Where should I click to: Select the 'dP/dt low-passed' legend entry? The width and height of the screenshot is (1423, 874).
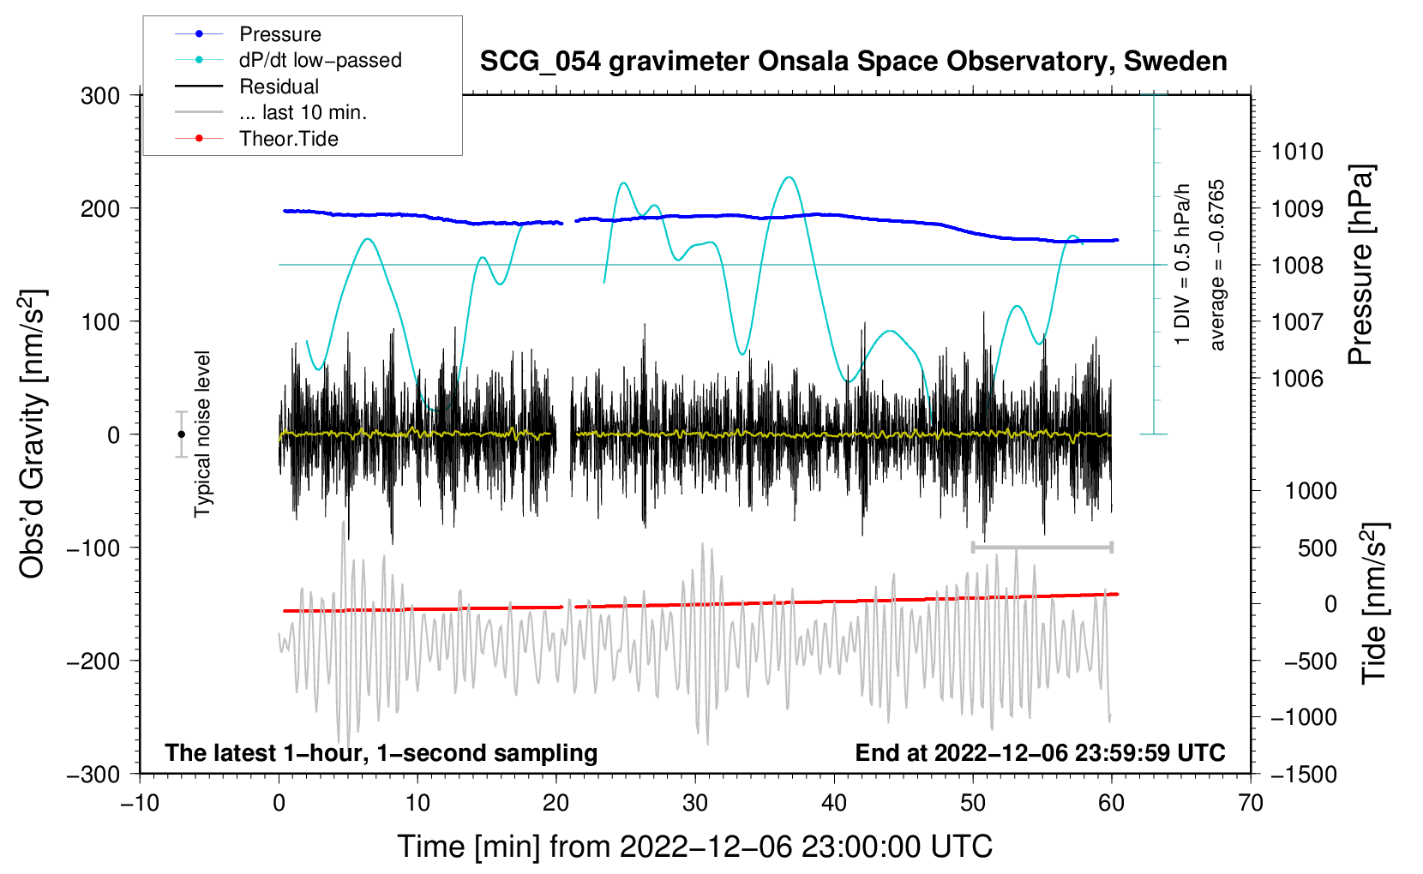[320, 60]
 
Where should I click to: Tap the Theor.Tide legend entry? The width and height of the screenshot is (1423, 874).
[288, 139]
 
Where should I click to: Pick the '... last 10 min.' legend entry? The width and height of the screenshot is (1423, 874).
[303, 112]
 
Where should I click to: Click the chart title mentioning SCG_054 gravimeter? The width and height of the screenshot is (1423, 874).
[853, 62]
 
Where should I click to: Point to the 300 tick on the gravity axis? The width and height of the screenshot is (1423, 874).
[100, 95]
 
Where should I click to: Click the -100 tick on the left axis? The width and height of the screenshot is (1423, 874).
[93, 548]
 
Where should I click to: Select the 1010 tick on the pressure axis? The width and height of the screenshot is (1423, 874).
[1297, 152]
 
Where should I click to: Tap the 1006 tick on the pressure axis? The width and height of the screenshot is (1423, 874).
[1297, 378]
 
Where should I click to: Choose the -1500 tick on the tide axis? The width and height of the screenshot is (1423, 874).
[1303, 774]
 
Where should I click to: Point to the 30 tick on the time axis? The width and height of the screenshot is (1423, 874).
[695, 803]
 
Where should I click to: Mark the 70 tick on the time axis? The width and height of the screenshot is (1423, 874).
[1251, 803]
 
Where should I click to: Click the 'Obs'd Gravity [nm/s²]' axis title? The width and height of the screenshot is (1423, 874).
[33, 434]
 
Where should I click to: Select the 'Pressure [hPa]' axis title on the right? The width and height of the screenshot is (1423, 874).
[1361, 265]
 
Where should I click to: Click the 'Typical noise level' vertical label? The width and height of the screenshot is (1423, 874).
[202, 434]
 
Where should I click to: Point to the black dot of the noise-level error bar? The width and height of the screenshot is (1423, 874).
[181, 434]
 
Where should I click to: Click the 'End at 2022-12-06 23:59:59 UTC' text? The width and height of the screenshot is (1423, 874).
[1040, 752]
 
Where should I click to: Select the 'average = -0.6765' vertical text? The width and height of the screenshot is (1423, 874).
[1217, 265]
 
